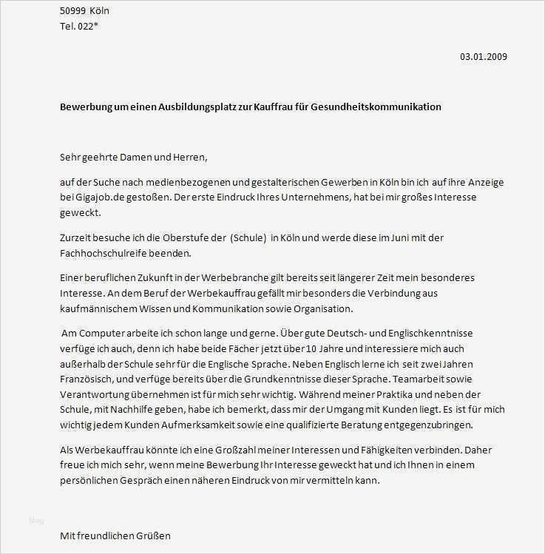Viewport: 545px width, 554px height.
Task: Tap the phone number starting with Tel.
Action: click(78, 27)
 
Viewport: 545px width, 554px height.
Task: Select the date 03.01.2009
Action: click(484, 56)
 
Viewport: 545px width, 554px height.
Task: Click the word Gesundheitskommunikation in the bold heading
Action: click(384, 107)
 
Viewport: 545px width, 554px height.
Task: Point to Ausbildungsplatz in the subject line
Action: click(199, 107)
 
